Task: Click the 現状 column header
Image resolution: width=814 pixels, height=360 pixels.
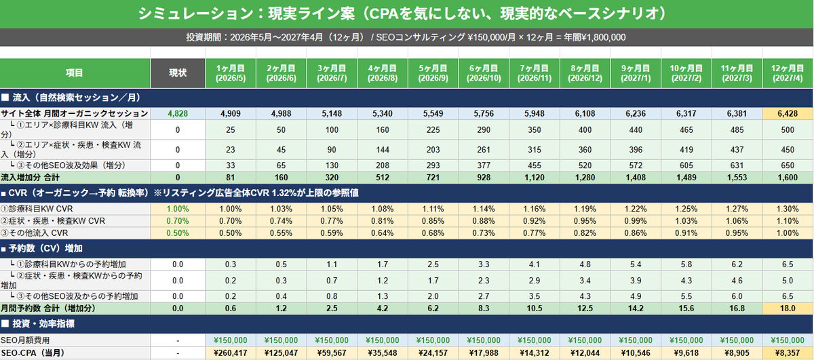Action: [178, 73]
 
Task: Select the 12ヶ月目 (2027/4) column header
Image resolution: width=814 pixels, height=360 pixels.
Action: [788, 73]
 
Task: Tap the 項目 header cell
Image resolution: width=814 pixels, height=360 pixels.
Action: [75, 73]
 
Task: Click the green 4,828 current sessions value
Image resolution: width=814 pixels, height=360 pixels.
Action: [178, 114]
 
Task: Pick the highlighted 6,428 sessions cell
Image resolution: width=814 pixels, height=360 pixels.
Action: [788, 114]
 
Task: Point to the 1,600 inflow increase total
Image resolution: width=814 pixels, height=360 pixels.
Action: [788, 178]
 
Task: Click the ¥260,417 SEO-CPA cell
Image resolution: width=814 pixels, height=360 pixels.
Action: [231, 353]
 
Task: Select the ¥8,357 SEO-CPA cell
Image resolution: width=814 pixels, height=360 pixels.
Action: [788, 353]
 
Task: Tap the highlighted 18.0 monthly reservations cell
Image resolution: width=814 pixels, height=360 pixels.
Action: [788, 308]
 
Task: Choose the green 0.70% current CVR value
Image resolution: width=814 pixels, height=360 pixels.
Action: [178, 221]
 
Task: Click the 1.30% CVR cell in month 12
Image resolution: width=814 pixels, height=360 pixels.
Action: [788, 209]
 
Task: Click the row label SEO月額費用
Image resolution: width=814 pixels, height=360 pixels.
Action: [25, 340]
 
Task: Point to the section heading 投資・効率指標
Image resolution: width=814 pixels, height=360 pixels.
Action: [43, 323]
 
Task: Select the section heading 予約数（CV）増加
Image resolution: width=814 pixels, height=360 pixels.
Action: [45, 249]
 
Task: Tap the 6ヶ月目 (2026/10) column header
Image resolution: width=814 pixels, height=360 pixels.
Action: [484, 73]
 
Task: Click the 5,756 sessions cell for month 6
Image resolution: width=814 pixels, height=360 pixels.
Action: [484, 114]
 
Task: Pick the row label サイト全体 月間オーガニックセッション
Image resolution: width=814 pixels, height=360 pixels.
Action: [75, 114]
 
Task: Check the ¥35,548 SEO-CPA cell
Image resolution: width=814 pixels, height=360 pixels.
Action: [383, 353]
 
